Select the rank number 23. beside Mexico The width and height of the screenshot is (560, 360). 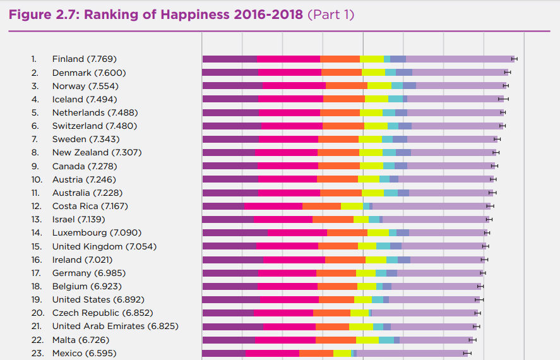pos(37,353)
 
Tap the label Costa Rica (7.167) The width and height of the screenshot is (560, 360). pos(90,206)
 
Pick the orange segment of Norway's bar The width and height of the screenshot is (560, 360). pos(346,85)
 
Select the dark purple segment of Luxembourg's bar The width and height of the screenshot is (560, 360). pos(234,232)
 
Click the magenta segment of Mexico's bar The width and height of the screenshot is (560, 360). pos(272,353)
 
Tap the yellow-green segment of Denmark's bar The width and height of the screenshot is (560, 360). pos(373,72)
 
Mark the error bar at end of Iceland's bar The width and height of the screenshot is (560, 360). pos(503,99)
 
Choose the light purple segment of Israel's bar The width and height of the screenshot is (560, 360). pos(436,219)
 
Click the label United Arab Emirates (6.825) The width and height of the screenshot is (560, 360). pos(115,326)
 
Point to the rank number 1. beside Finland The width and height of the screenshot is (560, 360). pos(34,59)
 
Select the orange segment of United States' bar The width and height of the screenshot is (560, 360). pos(337,299)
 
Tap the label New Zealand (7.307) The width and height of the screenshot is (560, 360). pos(97,152)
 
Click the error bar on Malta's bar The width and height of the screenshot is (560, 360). pos(472,340)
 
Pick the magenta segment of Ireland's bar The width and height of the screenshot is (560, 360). pos(294,260)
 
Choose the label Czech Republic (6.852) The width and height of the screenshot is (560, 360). pos(102,313)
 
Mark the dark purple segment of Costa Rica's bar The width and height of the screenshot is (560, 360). pos(223,206)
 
